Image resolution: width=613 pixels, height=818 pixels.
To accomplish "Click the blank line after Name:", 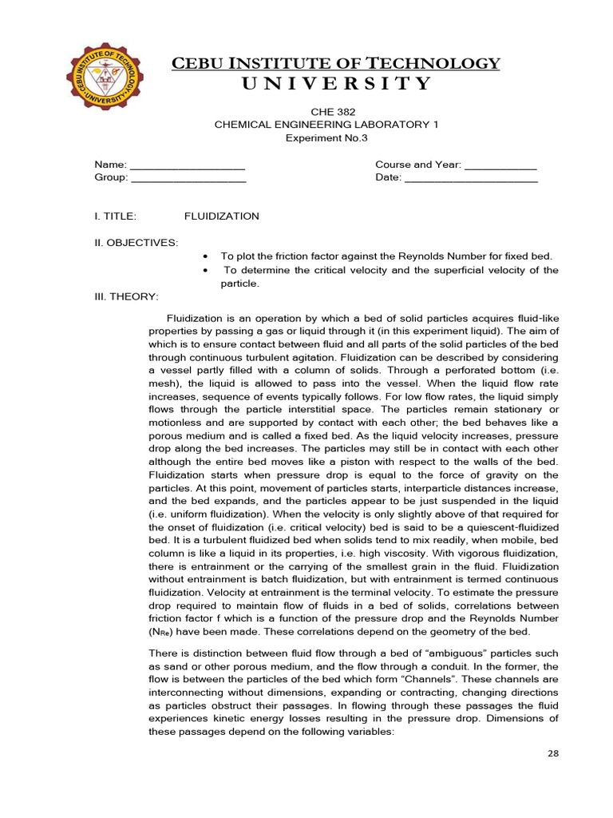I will coord(188,165).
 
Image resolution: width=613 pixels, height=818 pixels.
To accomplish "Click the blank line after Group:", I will coord(188,178).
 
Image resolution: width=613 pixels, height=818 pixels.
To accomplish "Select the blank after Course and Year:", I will coord(500,165).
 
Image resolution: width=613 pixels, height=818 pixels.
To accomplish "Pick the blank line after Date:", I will coord(471,178).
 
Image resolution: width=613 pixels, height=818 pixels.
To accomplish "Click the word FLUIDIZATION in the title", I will coord(222,216).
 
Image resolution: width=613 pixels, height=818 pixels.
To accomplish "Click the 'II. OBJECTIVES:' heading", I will coord(136,242).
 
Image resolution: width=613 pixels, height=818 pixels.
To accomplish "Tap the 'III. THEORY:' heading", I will coord(127,296).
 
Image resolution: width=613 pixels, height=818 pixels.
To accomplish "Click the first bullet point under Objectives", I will coord(207,256).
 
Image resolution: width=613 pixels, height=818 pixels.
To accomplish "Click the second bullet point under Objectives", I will coord(207,270).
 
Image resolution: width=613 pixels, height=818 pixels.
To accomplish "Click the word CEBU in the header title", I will coord(200,63).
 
